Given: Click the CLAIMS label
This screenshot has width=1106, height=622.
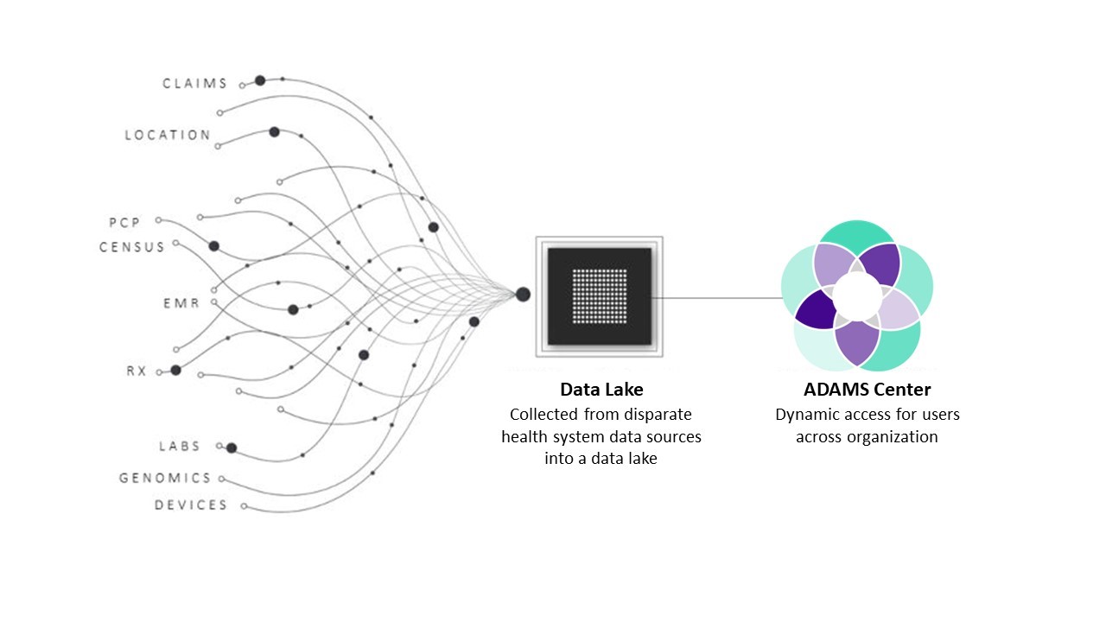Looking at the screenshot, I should tap(195, 84).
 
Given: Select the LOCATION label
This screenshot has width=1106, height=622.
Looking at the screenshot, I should tap(168, 135).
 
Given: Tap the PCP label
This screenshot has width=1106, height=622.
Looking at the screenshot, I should tap(124, 223).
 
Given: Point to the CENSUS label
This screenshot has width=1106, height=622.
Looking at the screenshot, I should tap(131, 247).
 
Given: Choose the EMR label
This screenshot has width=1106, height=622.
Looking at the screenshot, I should tap(181, 303).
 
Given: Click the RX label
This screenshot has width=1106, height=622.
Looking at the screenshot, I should tap(137, 371).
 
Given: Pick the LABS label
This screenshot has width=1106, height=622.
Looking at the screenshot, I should tap(180, 447).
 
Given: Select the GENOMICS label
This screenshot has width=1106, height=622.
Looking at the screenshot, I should tap(165, 478).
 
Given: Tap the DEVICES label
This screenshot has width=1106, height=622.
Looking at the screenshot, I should tap(191, 505).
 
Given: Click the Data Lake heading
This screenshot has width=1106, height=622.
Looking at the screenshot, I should tap(601, 390).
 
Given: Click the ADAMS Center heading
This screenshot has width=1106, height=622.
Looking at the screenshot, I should tap(867, 390).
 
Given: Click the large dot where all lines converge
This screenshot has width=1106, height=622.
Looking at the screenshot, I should tap(523, 295).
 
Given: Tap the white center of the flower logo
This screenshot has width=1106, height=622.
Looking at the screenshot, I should tap(857, 295).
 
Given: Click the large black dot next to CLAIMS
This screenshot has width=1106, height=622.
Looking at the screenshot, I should tap(259, 80).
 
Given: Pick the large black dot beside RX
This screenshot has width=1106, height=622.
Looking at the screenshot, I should tap(175, 370).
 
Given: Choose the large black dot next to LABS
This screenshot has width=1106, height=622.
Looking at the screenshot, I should tap(232, 447).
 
